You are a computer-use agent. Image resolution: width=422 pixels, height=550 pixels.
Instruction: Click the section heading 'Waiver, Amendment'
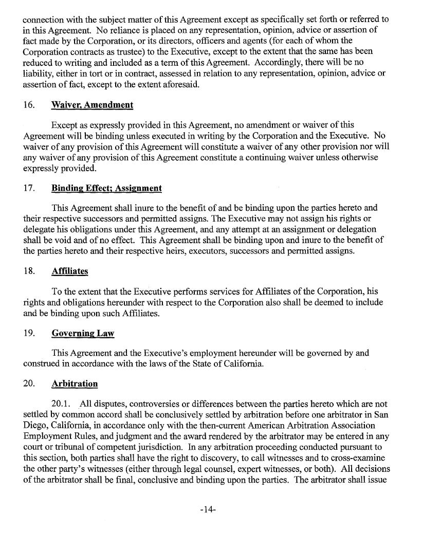92,105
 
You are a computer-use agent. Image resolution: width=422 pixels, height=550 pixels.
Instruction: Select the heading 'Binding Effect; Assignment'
106,188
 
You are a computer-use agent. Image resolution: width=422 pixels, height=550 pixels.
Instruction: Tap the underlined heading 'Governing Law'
83,334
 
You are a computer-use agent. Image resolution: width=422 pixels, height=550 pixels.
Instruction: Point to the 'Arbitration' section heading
75,383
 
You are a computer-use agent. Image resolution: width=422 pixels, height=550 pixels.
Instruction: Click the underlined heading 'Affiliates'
70,272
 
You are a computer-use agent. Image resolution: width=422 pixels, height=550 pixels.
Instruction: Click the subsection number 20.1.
62,405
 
